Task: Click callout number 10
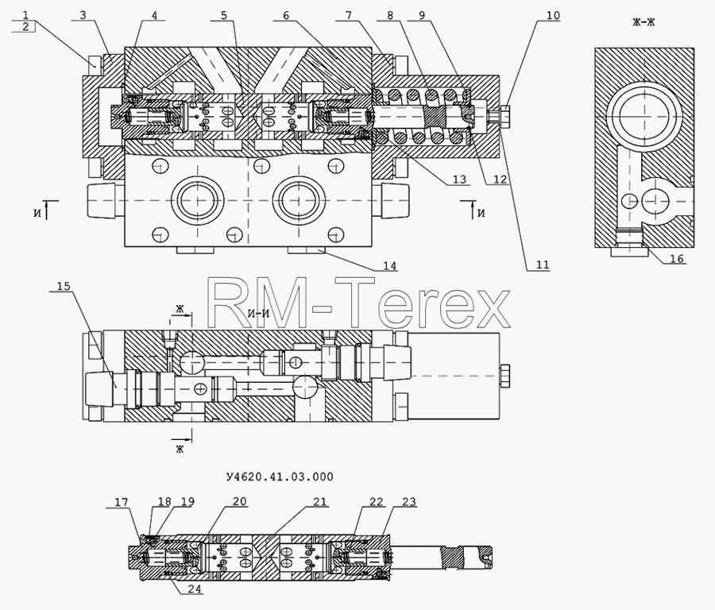point(552,15)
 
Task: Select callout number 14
point(390,266)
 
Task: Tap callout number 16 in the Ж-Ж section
point(677,258)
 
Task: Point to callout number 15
point(64,286)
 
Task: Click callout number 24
point(195,589)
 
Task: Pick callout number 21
point(320,502)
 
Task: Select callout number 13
point(459,180)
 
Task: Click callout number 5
point(223,15)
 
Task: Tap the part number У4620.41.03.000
point(280,477)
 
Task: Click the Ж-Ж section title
point(643,22)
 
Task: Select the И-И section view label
point(258,314)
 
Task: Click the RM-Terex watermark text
point(358,302)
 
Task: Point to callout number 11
point(542,264)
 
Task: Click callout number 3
point(83,15)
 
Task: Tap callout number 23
point(409,502)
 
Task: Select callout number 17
point(122,502)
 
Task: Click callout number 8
point(390,15)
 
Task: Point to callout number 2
point(25,26)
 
